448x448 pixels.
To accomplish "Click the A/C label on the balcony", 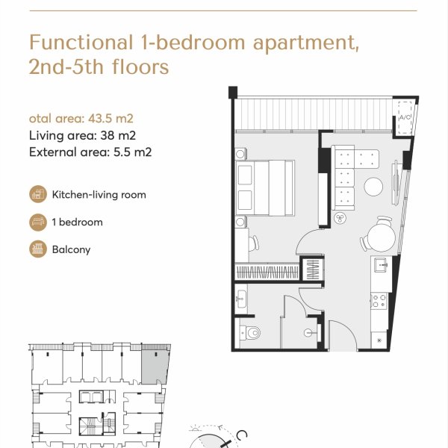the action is tap(405, 117).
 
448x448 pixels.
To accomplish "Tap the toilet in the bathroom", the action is tap(250, 332).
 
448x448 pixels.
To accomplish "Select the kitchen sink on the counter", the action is tap(381, 264).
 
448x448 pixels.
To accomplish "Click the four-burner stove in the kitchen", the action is tap(379, 301).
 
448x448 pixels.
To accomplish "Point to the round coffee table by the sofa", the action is tap(373, 187).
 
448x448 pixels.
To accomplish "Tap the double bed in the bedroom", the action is tap(264, 187).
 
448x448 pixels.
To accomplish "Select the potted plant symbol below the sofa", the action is tap(340, 219).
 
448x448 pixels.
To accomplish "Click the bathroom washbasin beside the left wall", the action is tap(241, 299).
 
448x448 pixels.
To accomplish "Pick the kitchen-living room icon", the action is tap(38, 194).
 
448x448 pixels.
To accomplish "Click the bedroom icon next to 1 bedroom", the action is tap(38, 222).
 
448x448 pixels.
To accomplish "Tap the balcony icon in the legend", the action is tap(38, 249).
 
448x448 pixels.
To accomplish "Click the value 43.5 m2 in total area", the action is tap(111, 118).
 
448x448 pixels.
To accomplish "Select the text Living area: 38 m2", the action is tap(82, 135).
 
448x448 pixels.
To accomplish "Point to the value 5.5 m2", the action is tap(133, 152).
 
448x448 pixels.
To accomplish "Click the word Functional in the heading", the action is tap(81, 43).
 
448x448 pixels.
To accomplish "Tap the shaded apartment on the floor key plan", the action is tap(155, 367).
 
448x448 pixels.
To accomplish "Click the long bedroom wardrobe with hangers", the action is tap(267, 272).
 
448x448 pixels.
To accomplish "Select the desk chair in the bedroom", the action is tap(254, 243).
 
